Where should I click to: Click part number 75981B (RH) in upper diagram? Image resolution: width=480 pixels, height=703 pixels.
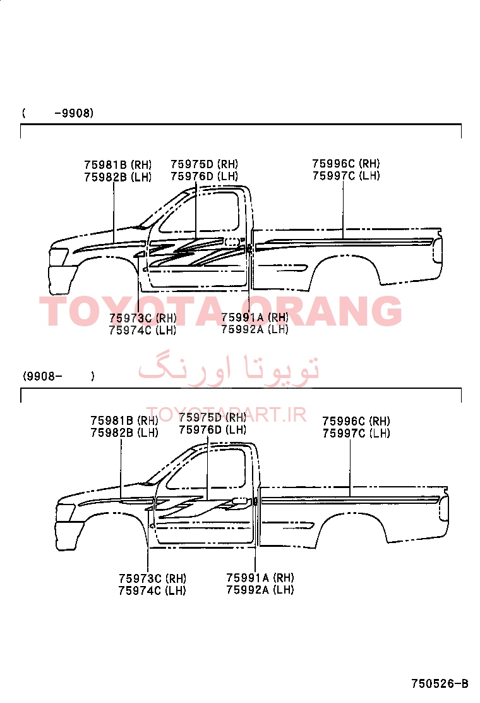[x=117, y=165]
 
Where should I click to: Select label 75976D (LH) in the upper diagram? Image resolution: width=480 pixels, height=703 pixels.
[x=204, y=176]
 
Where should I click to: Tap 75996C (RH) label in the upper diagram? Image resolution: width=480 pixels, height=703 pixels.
[x=345, y=164]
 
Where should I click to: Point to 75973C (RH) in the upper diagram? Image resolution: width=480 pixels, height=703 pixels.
[x=143, y=318]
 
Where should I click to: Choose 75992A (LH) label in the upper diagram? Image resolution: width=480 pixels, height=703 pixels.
[x=255, y=329]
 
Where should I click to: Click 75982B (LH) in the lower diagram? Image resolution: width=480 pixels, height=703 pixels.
[x=124, y=432]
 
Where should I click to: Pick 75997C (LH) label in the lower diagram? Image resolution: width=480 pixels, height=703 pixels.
[x=356, y=433]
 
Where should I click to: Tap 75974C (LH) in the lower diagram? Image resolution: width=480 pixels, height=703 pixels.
[x=152, y=590]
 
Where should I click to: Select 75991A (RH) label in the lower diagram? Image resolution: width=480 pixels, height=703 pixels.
[x=260, y=577]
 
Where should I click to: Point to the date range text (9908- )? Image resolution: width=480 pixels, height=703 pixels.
[x=59, y=376]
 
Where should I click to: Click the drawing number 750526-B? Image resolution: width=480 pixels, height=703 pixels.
[x=440, y=683]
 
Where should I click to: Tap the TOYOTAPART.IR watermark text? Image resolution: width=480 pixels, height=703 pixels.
[x=227, y=415]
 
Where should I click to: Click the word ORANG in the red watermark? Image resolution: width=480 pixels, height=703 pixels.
[x=325, y=311]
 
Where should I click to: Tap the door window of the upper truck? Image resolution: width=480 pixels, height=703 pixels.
[x=200, y=212]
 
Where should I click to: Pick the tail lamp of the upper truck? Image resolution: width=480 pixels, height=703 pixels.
[x=438, y=250]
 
